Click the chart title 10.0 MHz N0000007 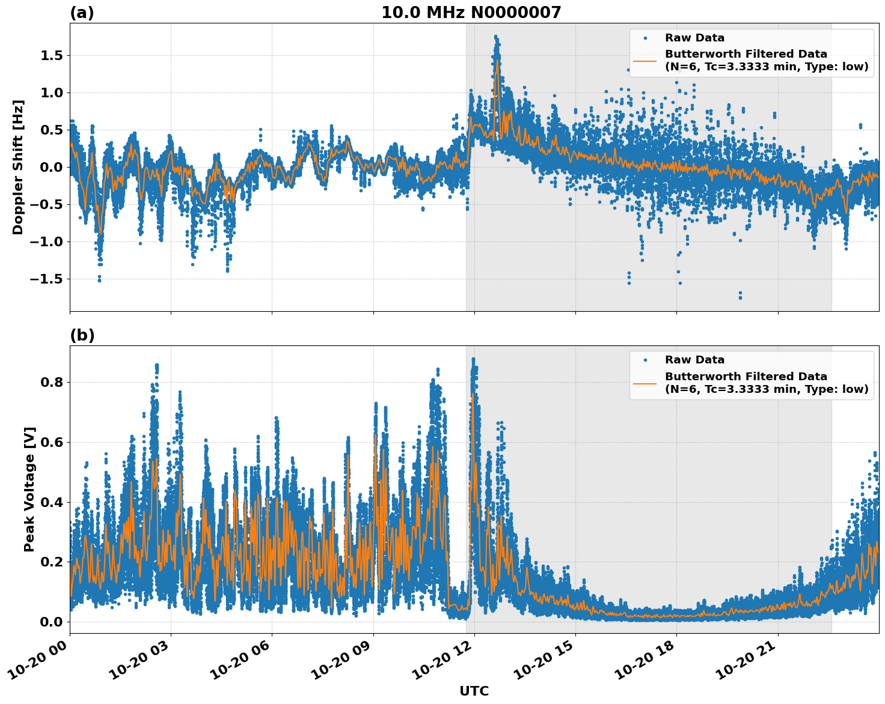point(471,13)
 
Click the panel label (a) point(82,13)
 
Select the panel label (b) point(82,335)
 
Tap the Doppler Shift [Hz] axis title point(18,167)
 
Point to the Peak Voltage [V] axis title point(29,489)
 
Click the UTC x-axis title point(474,691)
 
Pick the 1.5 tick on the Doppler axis point(53,55)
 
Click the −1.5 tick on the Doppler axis point(48,279)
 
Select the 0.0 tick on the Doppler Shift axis point(53,167)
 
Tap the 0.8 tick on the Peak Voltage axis point(53,382)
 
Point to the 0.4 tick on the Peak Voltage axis point(53,502)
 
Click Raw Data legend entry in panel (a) point(694,38)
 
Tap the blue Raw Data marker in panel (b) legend point(645,360)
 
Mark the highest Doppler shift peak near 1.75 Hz point(495,37)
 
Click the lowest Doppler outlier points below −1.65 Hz point(740,296)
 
